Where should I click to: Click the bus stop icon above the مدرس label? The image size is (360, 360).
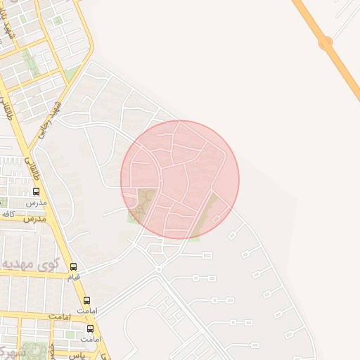click(36, 191)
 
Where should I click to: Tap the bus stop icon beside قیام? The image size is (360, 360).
click(74, 266)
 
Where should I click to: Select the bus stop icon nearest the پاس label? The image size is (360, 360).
click(90, 328)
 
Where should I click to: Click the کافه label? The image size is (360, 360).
click(8, 213)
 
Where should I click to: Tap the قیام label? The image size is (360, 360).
click(73, 277)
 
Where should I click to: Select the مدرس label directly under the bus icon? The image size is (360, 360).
click(35, 202)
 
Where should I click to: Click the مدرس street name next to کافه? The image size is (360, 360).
click(34, 219)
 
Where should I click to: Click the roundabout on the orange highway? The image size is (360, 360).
click(325, 44)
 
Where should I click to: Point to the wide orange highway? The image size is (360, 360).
click(345, 70)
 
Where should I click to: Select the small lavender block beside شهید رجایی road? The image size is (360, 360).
click(57, 20)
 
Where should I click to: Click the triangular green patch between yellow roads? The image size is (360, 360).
click(71, 73)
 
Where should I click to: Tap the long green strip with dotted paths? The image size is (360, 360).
click(30, 63)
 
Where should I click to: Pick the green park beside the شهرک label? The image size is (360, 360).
click(31, 350)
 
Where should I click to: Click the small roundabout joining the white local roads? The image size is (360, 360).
click(160, 269)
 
